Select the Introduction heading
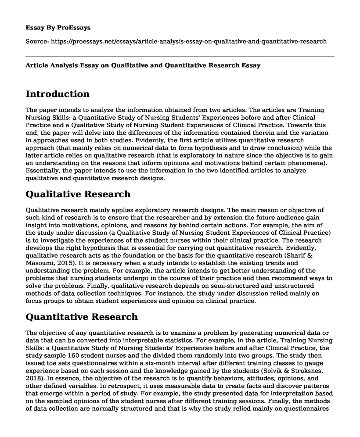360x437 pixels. pyautogui.click(x=58, y=94)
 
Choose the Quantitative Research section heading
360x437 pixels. pyautogui.click(x=82, y=316)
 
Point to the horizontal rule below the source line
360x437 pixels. pyautogui.click(x=180, y=56)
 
